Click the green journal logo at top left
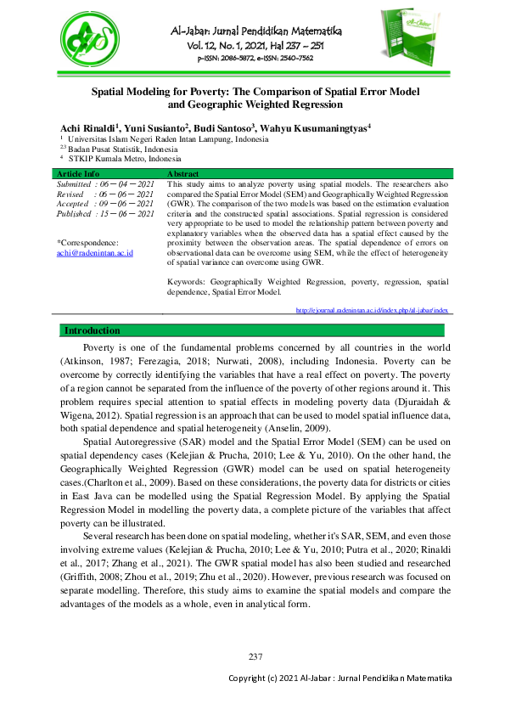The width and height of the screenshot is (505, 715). (x=88, y=42)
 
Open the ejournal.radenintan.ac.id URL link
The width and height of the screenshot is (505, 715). (x=372, y=311)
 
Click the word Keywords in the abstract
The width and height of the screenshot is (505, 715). (x=188, y=282)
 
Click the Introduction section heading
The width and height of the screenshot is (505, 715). (x=93, y=330)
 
